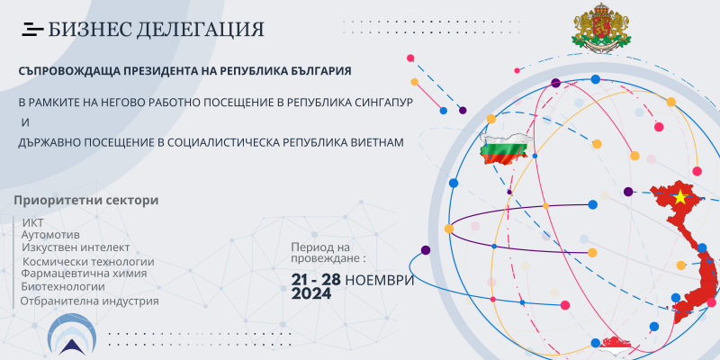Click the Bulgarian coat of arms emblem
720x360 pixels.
[601, 27]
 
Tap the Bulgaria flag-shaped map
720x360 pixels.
[504, 150]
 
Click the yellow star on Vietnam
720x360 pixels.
[679, 198]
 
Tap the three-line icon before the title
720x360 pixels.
[32, 30]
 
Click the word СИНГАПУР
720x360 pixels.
[383, 102]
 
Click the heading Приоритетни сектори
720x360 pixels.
[85, 201]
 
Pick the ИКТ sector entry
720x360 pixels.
[32, 222]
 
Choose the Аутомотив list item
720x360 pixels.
[50, 235]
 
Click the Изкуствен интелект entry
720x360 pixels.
[76, 247]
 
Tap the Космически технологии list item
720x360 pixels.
[88, 262]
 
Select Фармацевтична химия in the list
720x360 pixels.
[84, 274]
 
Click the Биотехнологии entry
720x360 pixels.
[63, 286]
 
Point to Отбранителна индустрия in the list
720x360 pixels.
[89, 301]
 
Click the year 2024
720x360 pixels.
[310, 294]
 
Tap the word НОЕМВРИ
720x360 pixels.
[379, 280]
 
